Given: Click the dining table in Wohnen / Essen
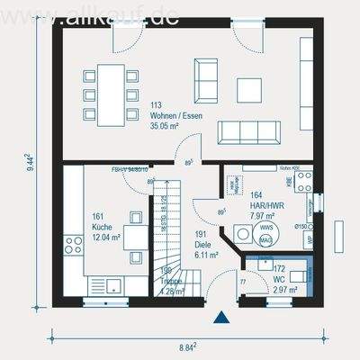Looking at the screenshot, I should [112, 92].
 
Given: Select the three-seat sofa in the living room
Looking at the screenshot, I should [246, 132].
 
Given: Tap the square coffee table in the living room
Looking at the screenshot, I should [249, 89].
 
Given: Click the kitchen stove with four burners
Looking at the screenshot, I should [72, 244].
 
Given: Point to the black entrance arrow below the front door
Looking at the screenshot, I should [220, 317].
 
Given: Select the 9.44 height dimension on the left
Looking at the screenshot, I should [28, 162].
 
